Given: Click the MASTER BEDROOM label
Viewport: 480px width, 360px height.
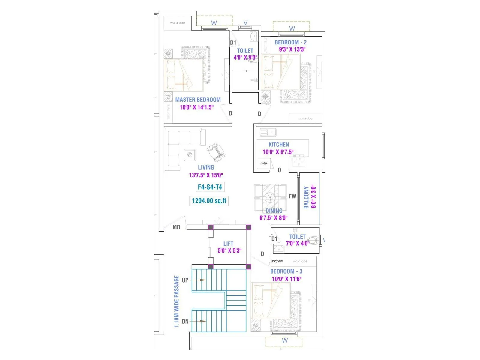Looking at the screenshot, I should (198, 100).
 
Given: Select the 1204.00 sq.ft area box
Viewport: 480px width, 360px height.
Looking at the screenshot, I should (209, 201).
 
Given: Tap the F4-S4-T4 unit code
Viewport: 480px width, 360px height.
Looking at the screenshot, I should (210, 187).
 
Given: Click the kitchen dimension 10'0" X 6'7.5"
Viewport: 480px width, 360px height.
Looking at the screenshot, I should (278, 152).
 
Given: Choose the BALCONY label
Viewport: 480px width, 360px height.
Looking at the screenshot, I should (306, 197).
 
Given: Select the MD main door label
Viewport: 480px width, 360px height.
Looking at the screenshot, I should (176, 227).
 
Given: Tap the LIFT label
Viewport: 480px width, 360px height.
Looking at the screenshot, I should (228, 244).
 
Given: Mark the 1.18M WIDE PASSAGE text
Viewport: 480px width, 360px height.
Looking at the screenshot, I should (176, 301).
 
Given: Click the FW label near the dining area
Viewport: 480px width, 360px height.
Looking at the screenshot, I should (292, 196).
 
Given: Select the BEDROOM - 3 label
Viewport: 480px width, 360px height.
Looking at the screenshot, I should (286, 271).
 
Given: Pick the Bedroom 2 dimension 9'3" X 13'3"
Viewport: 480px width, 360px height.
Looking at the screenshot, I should (292, 49).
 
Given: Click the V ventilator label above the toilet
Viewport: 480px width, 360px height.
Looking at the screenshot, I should (245, 23).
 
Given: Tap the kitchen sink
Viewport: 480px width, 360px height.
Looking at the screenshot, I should (268, 132).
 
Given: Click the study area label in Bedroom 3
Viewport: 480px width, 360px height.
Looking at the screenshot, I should (277, 261).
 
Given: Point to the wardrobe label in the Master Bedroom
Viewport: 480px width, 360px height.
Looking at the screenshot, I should (178, 23).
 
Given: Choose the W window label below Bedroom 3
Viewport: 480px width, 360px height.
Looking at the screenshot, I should (285, 340).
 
